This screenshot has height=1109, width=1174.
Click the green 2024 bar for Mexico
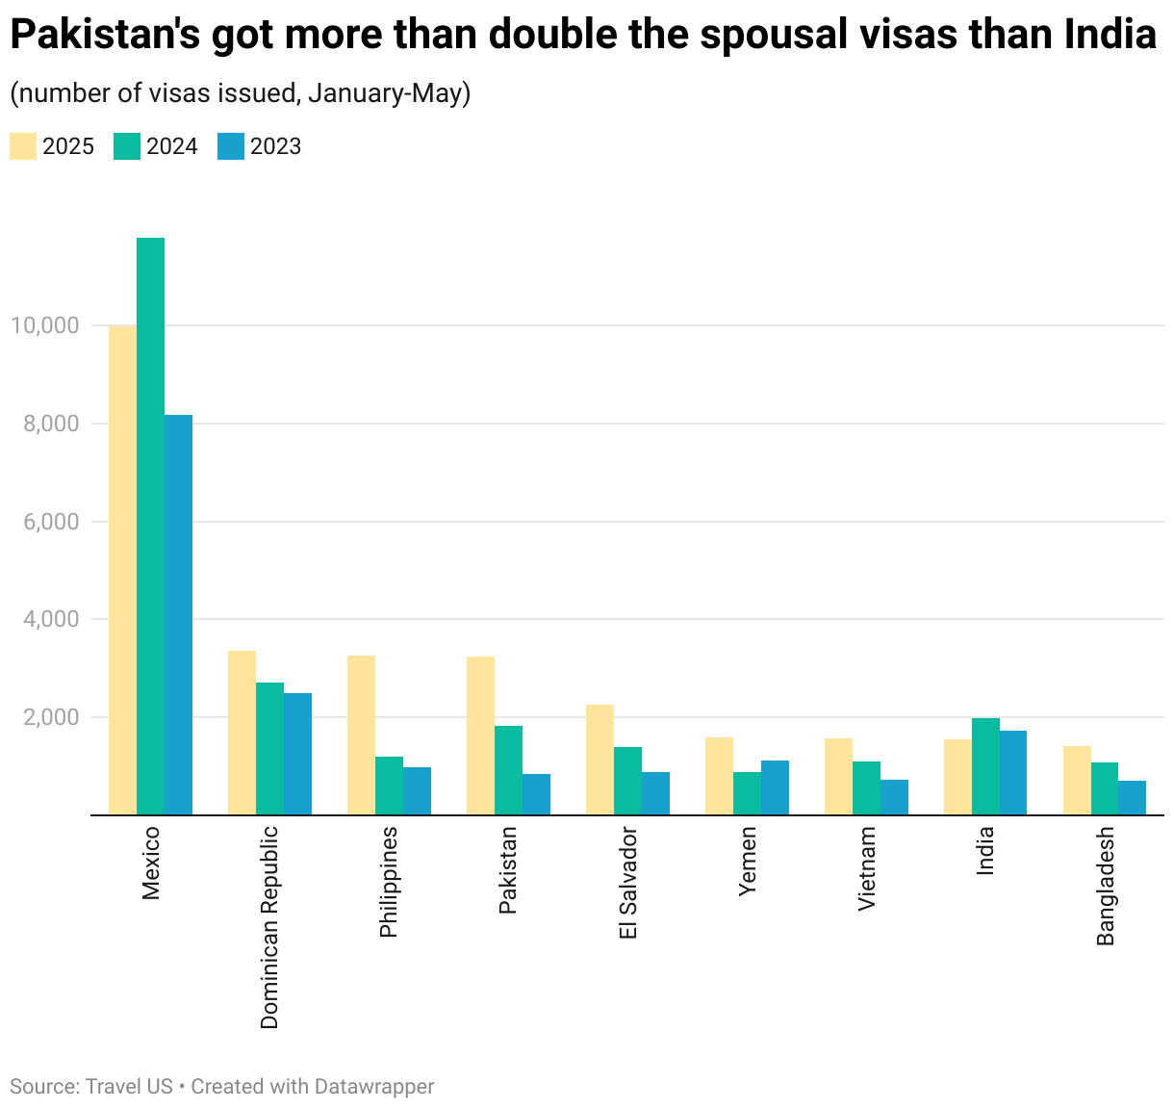click(150, 526)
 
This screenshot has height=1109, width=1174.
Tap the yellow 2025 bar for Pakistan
click(480, 735)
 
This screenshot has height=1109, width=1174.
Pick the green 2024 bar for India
click(985, 766)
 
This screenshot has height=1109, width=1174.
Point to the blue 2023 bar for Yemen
click(775, 787)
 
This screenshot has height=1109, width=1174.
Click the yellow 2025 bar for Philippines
click(361, 735)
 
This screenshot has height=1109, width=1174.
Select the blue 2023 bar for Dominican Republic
click(297, 754)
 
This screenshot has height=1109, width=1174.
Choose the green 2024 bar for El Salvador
click(627, 781)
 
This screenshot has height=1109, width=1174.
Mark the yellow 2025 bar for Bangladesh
click(1077, 780)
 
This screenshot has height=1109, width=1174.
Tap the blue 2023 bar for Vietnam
click(894, 797)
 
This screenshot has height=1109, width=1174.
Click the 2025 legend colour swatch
click(23, 146)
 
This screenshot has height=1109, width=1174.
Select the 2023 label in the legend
click(275, 146)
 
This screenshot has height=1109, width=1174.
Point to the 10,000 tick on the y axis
click(44, 325)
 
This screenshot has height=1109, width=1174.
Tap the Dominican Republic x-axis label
click(269, 926)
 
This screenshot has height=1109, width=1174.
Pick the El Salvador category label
click(627, 882)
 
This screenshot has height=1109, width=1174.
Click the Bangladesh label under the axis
click(1105, 886)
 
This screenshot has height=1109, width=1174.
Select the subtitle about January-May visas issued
click(240, 93)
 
